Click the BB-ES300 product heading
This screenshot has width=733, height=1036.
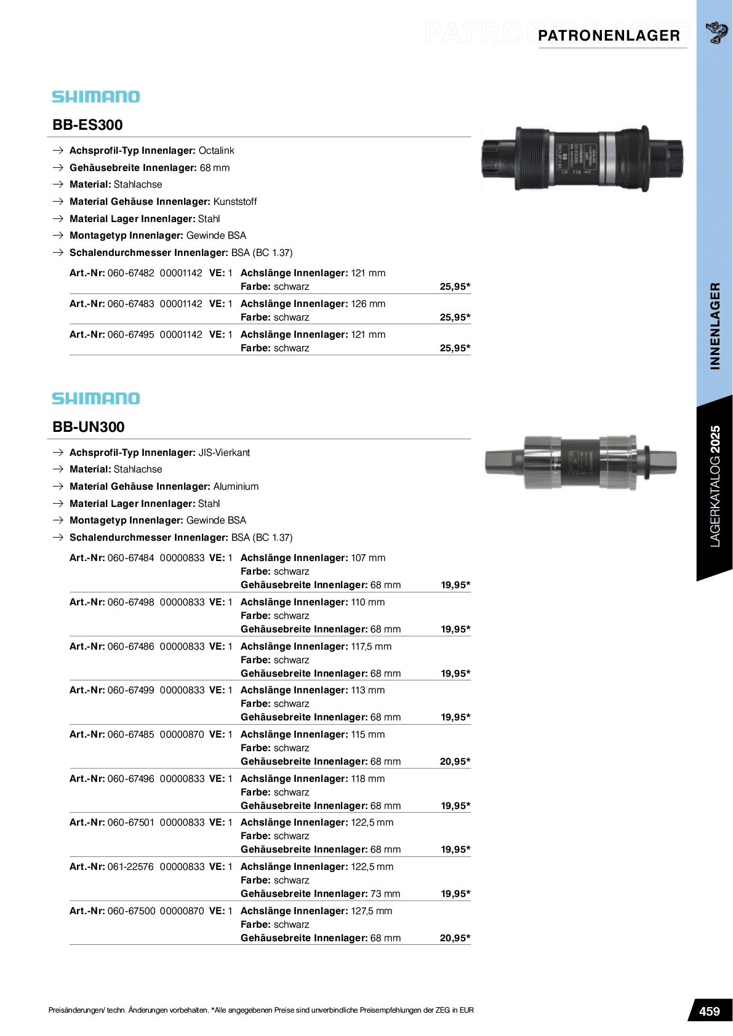click(x=87, y=125)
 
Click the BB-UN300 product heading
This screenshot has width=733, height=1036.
click(x=89, y=427)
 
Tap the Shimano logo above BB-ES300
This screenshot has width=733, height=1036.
click(x=96, y=97)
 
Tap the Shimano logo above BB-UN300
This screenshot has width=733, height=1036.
click(x=96, y=399)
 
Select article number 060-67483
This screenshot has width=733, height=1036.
click(x=130, y=304)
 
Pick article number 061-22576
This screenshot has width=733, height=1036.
click(x=130, y=867)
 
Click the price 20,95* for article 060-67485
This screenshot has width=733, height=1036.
click(x=455, y=762)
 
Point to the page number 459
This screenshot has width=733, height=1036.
click(x=709, y=1011)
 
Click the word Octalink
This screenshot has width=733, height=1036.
click(x=216, y=151)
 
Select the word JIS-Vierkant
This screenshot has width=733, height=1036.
click(x=224, y=453)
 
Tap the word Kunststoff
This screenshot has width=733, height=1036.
click(x=235, y=202)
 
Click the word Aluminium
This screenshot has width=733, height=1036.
click(x=236, y=487)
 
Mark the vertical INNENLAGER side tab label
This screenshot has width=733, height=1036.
click(x=715, y=326)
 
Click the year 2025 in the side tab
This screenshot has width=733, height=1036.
click(x=715, y=439)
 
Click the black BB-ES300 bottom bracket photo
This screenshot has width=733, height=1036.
click(x=582, y=159)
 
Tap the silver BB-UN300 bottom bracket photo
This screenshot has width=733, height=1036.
click(x=581, y=461)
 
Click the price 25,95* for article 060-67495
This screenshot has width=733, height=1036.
click(x=455, y=348)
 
